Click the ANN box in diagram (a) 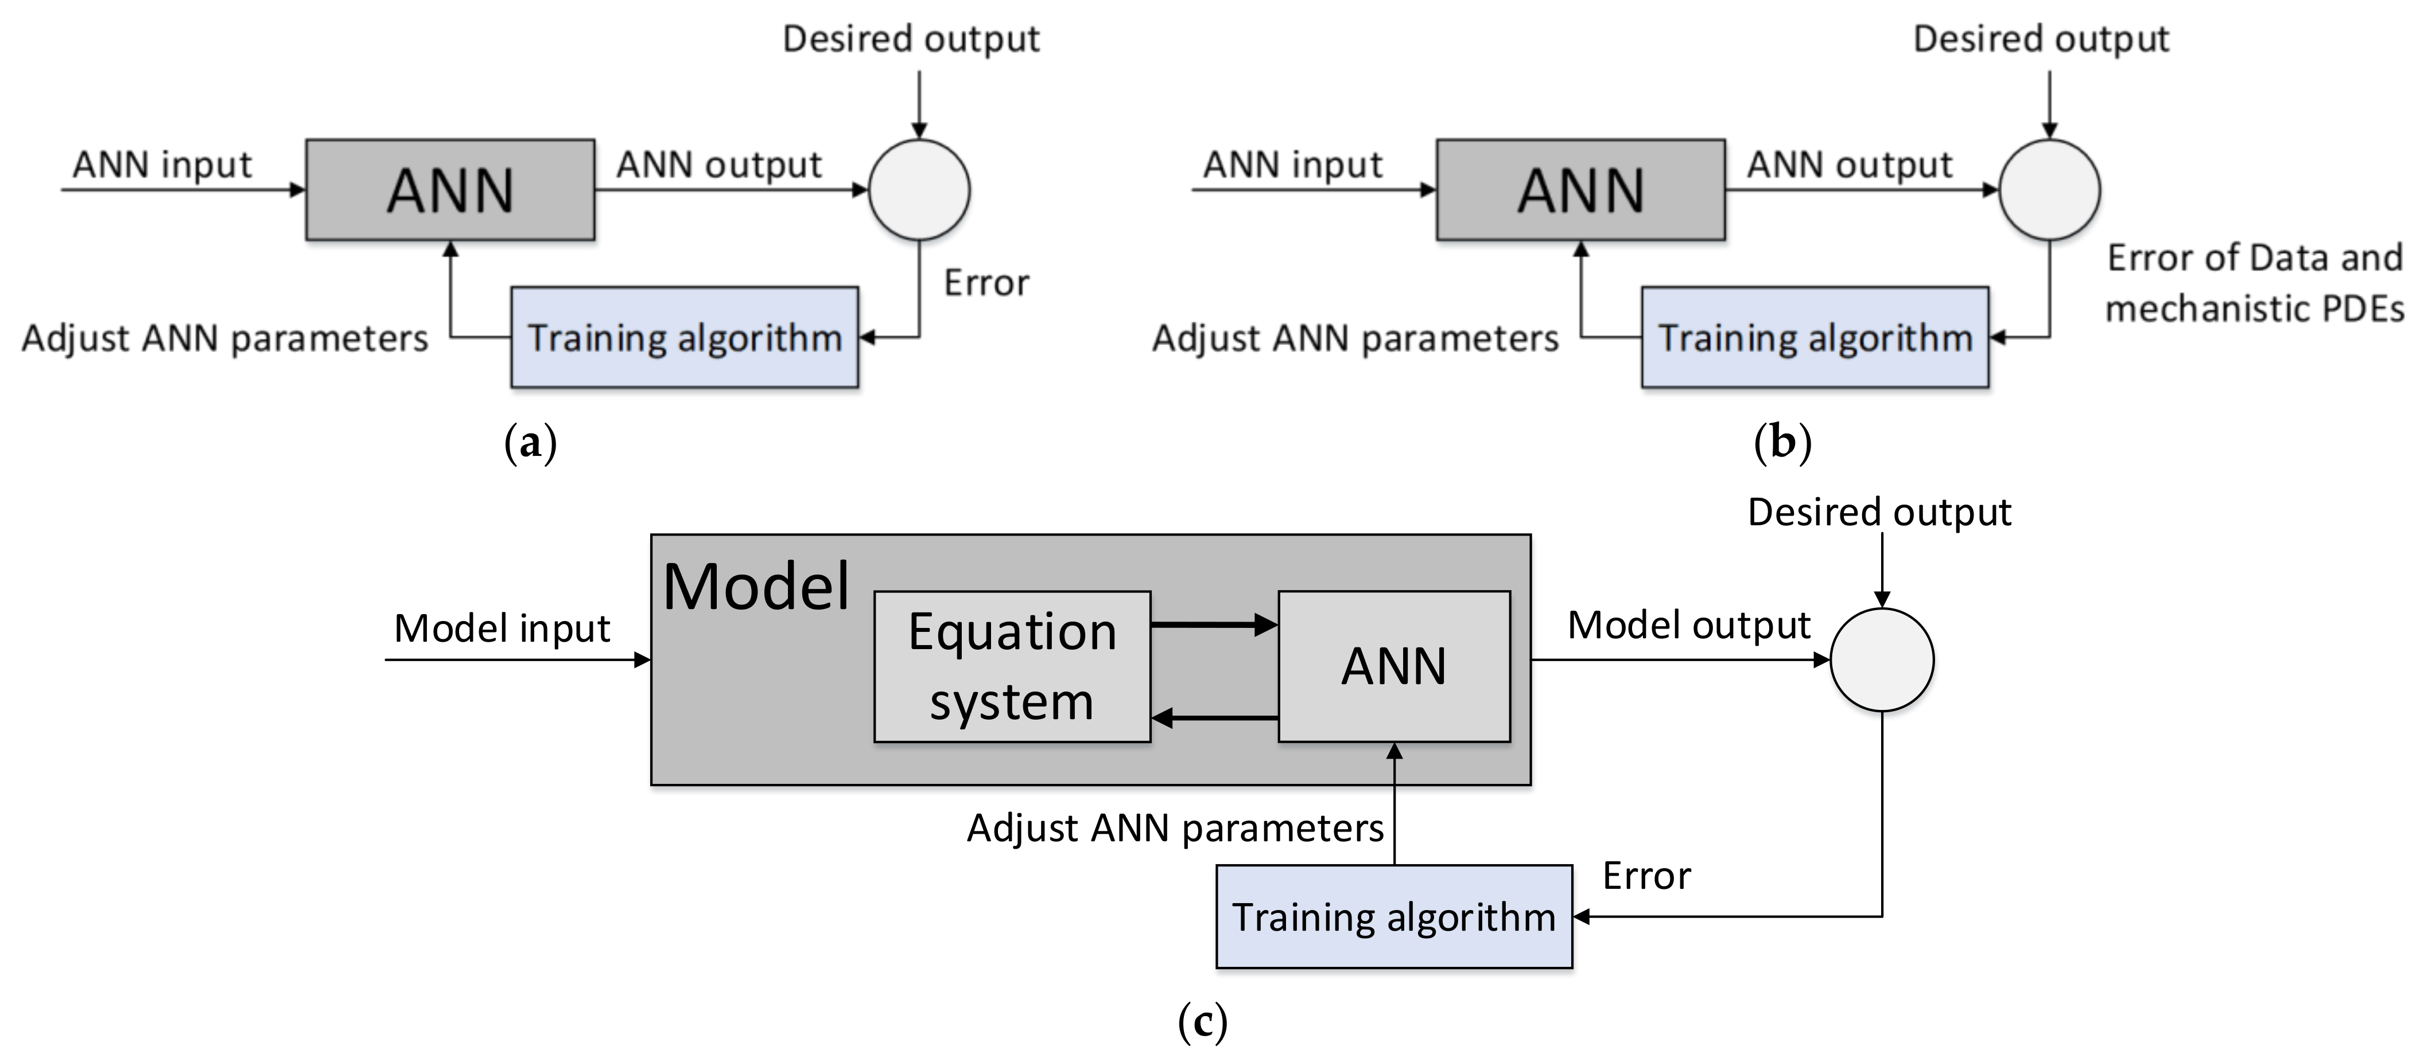pos(450,190)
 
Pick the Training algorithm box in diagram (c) pos(1393,917)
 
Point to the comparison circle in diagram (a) pos(918,190)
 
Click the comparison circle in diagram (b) pos(2049,190)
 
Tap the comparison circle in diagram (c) pos(1881,659)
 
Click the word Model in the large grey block pos(756,587)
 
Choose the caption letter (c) pos(1202,1021)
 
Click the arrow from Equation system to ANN pos(1214,624)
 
